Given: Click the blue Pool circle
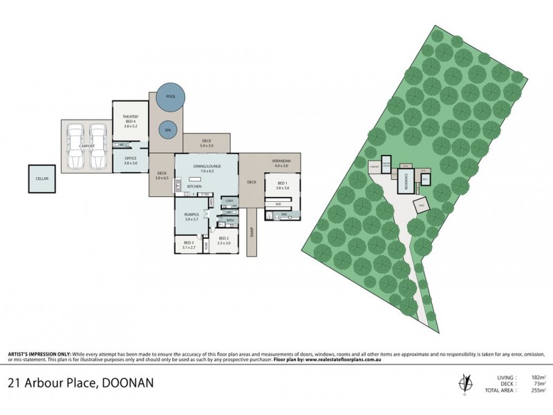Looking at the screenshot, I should click(171, 98).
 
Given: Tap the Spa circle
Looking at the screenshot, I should click(167, 129).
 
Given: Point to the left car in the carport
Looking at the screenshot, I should click(77, 146).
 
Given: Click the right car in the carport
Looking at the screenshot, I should click(97, 146).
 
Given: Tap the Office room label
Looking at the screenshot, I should click(131, 160).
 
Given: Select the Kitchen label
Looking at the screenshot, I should click(194, 187).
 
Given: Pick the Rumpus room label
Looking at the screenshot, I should click(191, 216).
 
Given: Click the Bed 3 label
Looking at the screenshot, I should click(188, 244).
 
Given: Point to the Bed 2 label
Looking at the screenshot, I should click(223, 241).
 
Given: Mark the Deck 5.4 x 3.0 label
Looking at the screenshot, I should click(207, 143).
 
